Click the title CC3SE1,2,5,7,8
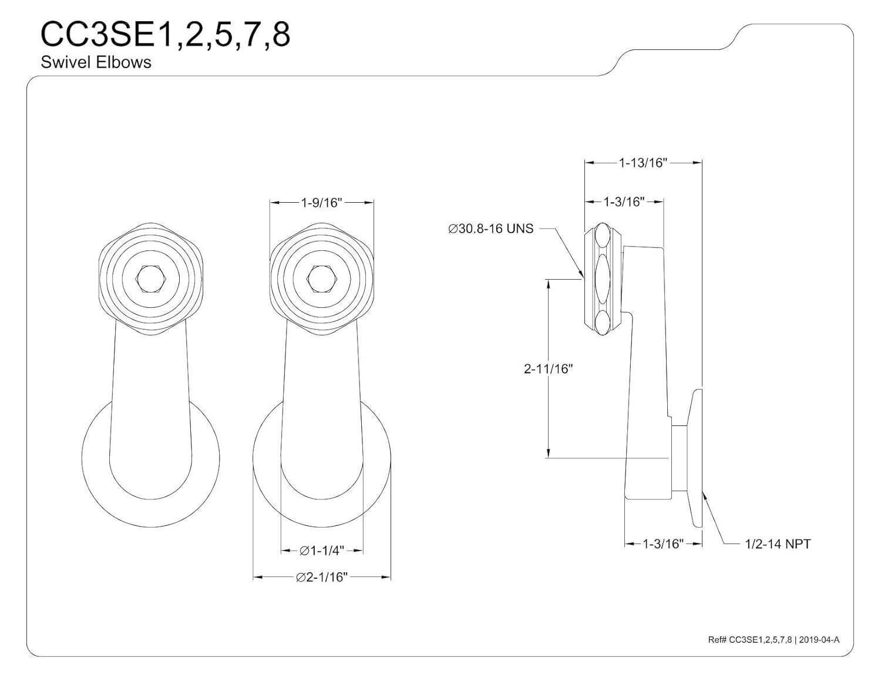click(x=165, y=35)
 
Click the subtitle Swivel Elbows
click(x=96, y=62)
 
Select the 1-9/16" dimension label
click(x=321, y=203)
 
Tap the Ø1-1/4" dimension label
click(x=321, y=551)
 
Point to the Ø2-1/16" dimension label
click(x=322, y=577)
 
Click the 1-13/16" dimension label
click(x=643, y=163)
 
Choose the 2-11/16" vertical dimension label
click(x=548, y=369)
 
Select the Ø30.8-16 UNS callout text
click(x=490, y=229)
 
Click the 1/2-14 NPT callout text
click(x=777, y=544)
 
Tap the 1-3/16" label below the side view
click(x=663, y=544)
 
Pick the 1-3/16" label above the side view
click(x=624, y=202)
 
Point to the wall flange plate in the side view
click(x=697, y=458)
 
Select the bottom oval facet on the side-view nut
click(x=603, y=323)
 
